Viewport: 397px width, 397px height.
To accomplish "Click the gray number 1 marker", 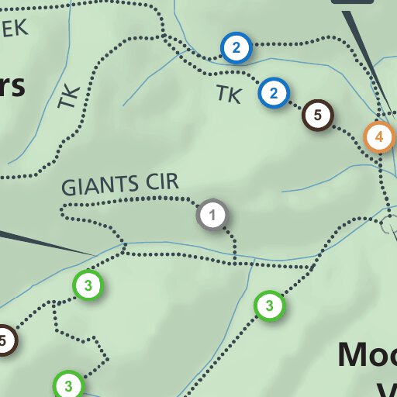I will [x=214, y=215].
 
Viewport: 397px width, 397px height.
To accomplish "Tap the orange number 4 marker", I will [x=379, y=137].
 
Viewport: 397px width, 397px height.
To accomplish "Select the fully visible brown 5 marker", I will [x=316, y=115].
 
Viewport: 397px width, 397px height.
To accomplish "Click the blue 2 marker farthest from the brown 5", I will [x=236, y=48].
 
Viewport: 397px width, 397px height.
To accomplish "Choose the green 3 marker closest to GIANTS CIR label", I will [x=88, y=285].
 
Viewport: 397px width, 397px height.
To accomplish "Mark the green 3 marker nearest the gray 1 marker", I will [x=268, y=306].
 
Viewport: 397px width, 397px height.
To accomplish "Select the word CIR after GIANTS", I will [x=161, y=182].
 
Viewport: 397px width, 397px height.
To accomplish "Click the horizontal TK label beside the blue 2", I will [x=229, y=95].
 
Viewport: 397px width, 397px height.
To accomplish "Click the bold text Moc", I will [x=366, y=355].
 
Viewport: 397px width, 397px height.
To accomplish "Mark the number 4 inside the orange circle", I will [x=379, y=137].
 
